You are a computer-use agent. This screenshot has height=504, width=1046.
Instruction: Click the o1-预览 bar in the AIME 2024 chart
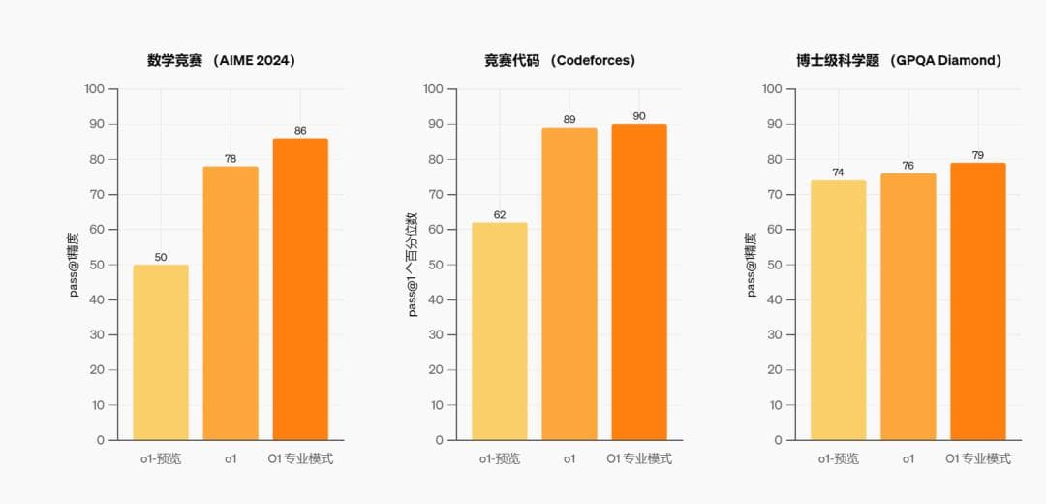161,352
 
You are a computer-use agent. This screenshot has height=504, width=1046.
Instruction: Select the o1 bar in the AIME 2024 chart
231,302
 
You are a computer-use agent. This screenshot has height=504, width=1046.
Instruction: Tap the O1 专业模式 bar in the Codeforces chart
639,282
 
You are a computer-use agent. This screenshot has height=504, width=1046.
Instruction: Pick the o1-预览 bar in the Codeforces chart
500,331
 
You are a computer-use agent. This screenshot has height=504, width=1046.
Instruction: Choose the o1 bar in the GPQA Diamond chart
908,306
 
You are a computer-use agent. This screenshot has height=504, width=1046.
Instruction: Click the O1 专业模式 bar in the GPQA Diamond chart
978,301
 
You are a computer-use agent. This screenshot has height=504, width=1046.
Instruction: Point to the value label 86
300,131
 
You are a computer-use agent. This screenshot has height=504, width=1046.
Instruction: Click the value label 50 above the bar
161,257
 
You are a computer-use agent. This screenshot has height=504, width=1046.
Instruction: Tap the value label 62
500,215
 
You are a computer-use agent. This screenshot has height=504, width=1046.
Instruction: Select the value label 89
569,120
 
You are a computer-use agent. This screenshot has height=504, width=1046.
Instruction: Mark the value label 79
978,155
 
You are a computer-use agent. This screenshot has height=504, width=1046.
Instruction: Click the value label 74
839,173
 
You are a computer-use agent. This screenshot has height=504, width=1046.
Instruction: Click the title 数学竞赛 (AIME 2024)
222,60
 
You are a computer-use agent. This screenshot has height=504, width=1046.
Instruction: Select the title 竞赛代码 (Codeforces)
560,60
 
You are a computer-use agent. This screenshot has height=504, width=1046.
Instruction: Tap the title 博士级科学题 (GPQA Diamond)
899,60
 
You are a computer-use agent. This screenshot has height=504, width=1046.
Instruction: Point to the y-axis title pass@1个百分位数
413,264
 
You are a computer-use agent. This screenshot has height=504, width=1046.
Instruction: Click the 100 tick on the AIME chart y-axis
94,89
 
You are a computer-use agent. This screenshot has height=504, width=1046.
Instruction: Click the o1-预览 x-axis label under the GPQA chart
839,458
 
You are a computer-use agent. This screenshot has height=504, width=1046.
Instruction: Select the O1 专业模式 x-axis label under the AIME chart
300,458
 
